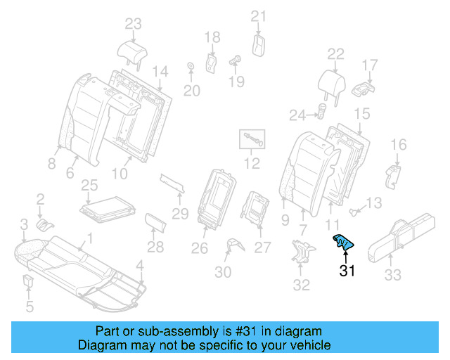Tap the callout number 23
pos(134,24)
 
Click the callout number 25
pos(89,185)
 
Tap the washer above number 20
pos(190,67)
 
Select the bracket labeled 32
pos(302,252)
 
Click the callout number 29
pos(181,213)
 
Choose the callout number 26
pos(200,247)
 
